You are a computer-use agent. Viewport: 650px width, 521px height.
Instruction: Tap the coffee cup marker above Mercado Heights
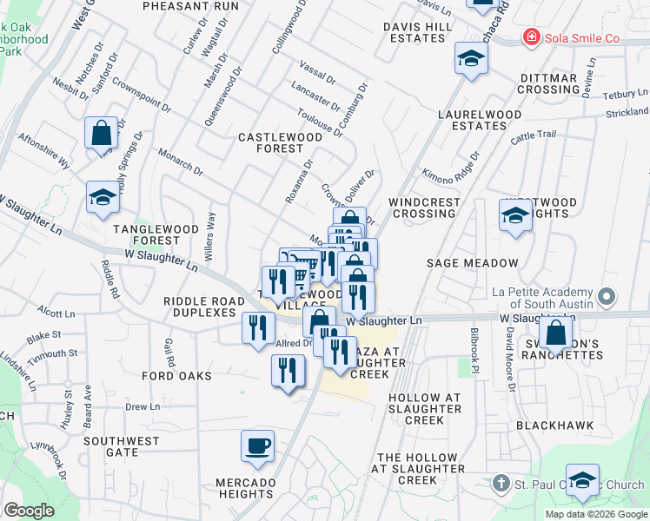pos(258,448)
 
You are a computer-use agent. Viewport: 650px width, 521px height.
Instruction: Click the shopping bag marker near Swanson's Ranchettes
pos(555,333)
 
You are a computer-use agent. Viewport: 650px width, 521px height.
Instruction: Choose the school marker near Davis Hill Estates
pos(471,59)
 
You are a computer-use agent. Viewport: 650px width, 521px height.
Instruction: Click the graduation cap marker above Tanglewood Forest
pos(103,199)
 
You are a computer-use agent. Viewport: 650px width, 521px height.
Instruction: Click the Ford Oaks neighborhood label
pos(177,376)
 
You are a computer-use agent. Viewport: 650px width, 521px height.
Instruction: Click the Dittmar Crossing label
pos(549,84)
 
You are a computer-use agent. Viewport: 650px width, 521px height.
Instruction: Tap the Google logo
pos(29,511)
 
